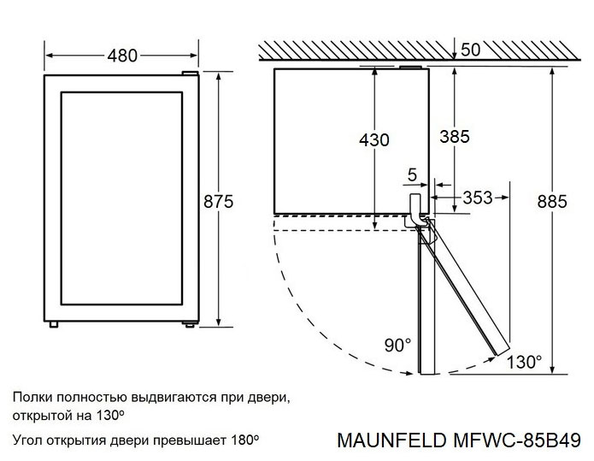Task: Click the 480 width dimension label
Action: click(x=122, y=56)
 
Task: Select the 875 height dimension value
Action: click(x=218, y=201)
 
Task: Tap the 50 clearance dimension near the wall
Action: click(x=470, y=49)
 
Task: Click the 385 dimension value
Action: click(x=455, y=135)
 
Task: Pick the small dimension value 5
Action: click(x=413, y=175)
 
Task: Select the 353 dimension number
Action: click(x=477, y=198)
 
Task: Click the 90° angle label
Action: click(x=397, y=346)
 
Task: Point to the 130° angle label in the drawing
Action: click(x=524, y=362)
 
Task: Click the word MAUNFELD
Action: click(x=388, y=440)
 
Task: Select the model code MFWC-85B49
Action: click(x=512, y=440)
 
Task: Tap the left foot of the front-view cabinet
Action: click(x=55, y=324)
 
